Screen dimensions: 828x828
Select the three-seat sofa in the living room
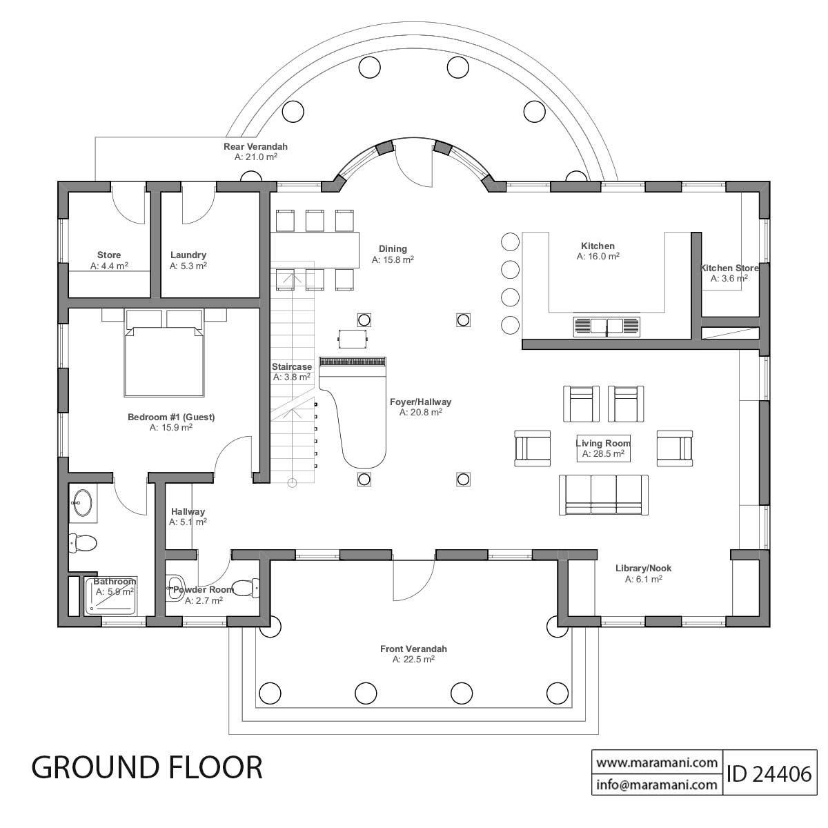[603, 494]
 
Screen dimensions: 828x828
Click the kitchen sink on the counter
[607, 326]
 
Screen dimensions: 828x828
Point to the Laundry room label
[188, 255]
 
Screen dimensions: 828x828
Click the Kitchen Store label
[729, 268]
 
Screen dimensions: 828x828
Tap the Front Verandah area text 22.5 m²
[413, 660]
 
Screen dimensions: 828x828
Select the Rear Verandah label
[255, 146]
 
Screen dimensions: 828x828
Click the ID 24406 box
[768, 773]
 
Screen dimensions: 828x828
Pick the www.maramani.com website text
[656, 763]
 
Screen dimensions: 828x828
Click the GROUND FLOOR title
[147, 767]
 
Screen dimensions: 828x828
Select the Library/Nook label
[643, 569]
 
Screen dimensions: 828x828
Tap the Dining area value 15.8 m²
[393, 260]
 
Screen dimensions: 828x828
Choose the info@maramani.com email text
[656, 785]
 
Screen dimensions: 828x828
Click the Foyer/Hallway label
[420, 402]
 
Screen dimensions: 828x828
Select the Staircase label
[291, 367]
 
